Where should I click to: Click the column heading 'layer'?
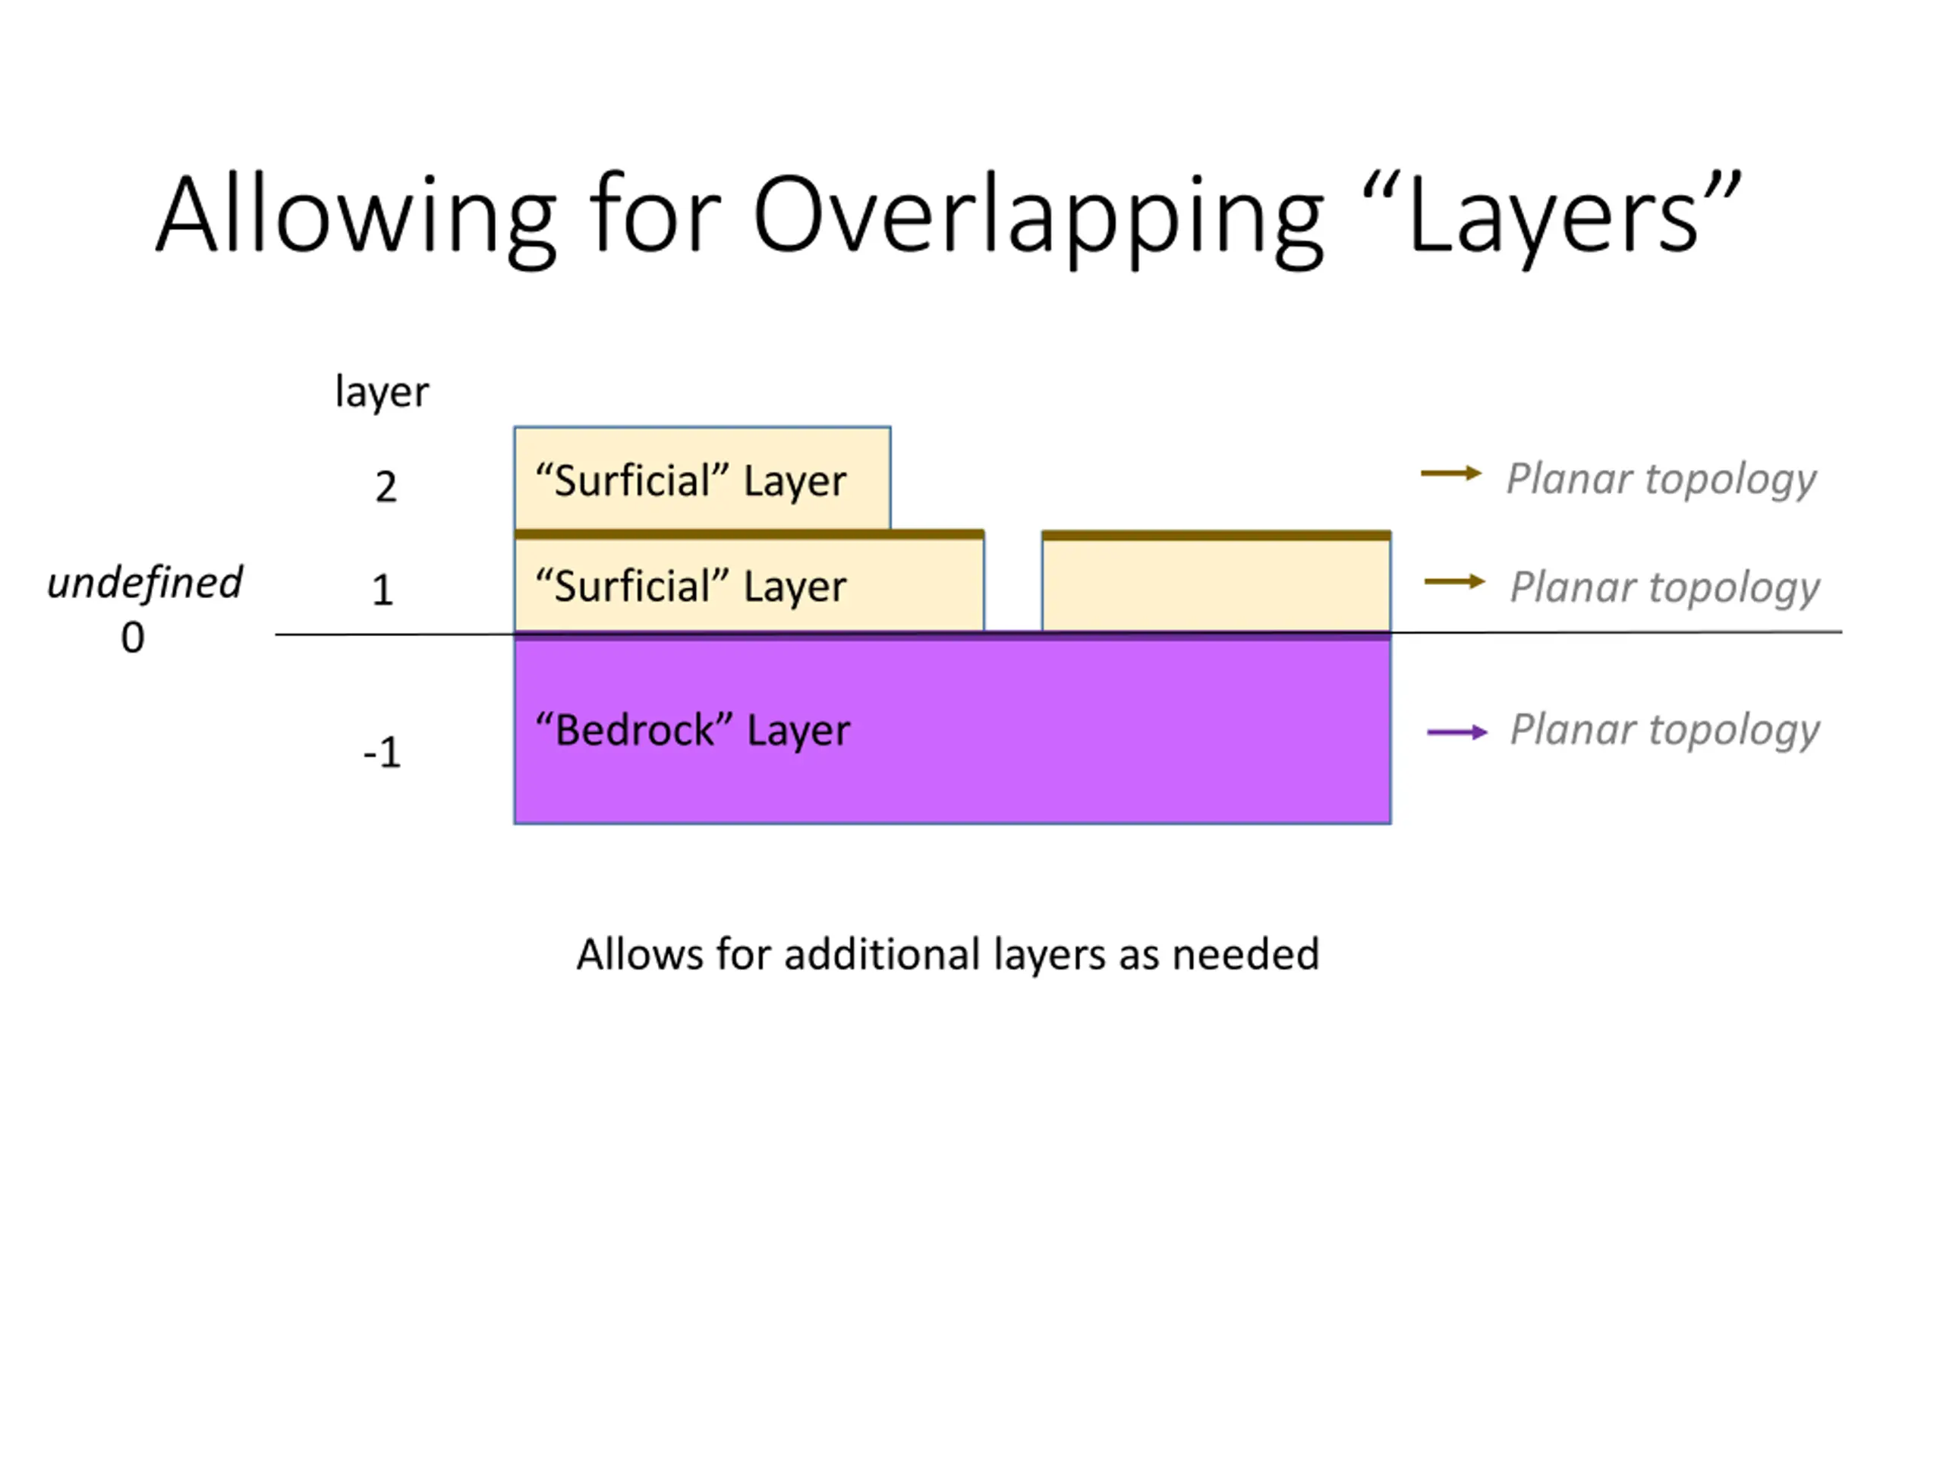click(x=382, y=392)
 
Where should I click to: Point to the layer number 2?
click(x=386, y=487)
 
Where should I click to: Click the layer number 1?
click(x=382, y=590)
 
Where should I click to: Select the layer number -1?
click(x=382, y=753)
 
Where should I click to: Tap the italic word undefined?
click(x=145, y=583)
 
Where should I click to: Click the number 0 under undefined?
click(x=133, y=637)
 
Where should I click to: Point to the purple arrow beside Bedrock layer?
click(x=1456, y=732)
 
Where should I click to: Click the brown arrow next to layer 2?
click(x=1450, y=474)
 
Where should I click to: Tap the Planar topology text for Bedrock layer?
click(x=1664, y=730)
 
